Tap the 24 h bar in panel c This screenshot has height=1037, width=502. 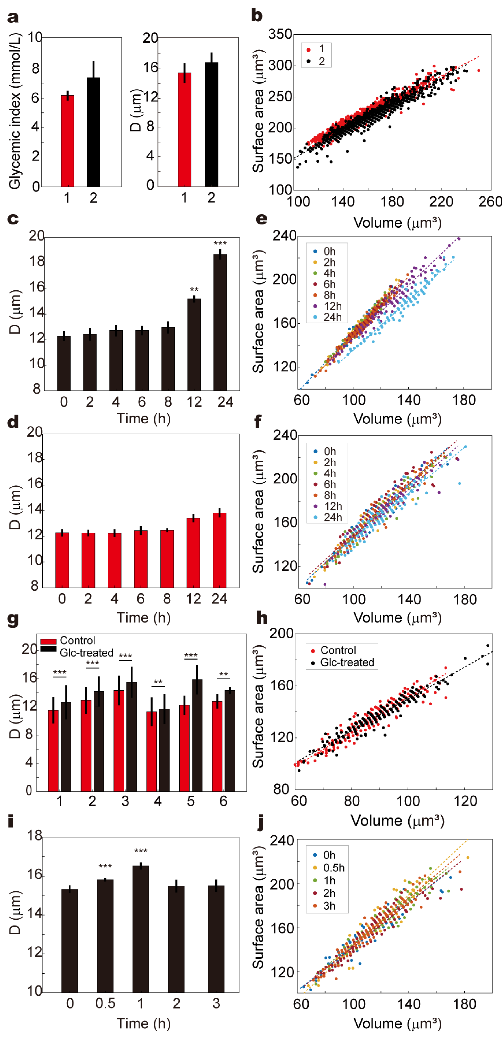(220, 322)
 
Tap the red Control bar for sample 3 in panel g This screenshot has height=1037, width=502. (119, 741)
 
